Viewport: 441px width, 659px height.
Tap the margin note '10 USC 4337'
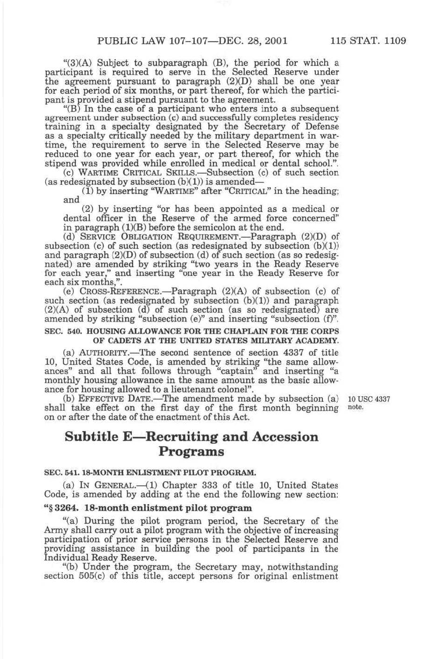[x=369, y=399]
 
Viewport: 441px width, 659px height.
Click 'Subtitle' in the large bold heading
[x=92, y=437]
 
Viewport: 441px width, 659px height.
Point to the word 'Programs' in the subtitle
[x=192, y=452]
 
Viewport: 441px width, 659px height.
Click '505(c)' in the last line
[x=92, y=576]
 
